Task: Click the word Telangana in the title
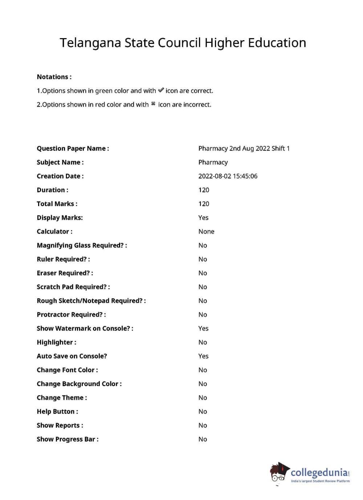(x=90, y=43)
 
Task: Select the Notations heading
(x=54, y=77)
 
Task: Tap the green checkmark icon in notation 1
(x=161, y=90)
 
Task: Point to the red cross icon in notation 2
(x=153, y=104)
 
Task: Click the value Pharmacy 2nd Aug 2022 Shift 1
(x=244, y=148)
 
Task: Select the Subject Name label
(x=60, y=162)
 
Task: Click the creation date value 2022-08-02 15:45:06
(x=228, y=176)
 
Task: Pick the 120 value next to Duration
(x=204, y=190)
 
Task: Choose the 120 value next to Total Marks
(x=204, y=204)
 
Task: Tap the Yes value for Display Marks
(x=203, y=218)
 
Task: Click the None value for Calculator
(x=206, y=231)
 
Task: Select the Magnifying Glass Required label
(x=82, y=245)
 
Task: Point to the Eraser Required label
(x=65, y=273)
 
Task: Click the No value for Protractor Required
(x=203, y=315)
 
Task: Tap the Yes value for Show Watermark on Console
(x=203, y=328)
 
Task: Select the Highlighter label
(x=56, y=342)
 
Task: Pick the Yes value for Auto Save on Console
(x=203, y=356)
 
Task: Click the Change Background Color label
(x=79, y=384)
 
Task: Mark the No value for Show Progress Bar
(x=203, y=439)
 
